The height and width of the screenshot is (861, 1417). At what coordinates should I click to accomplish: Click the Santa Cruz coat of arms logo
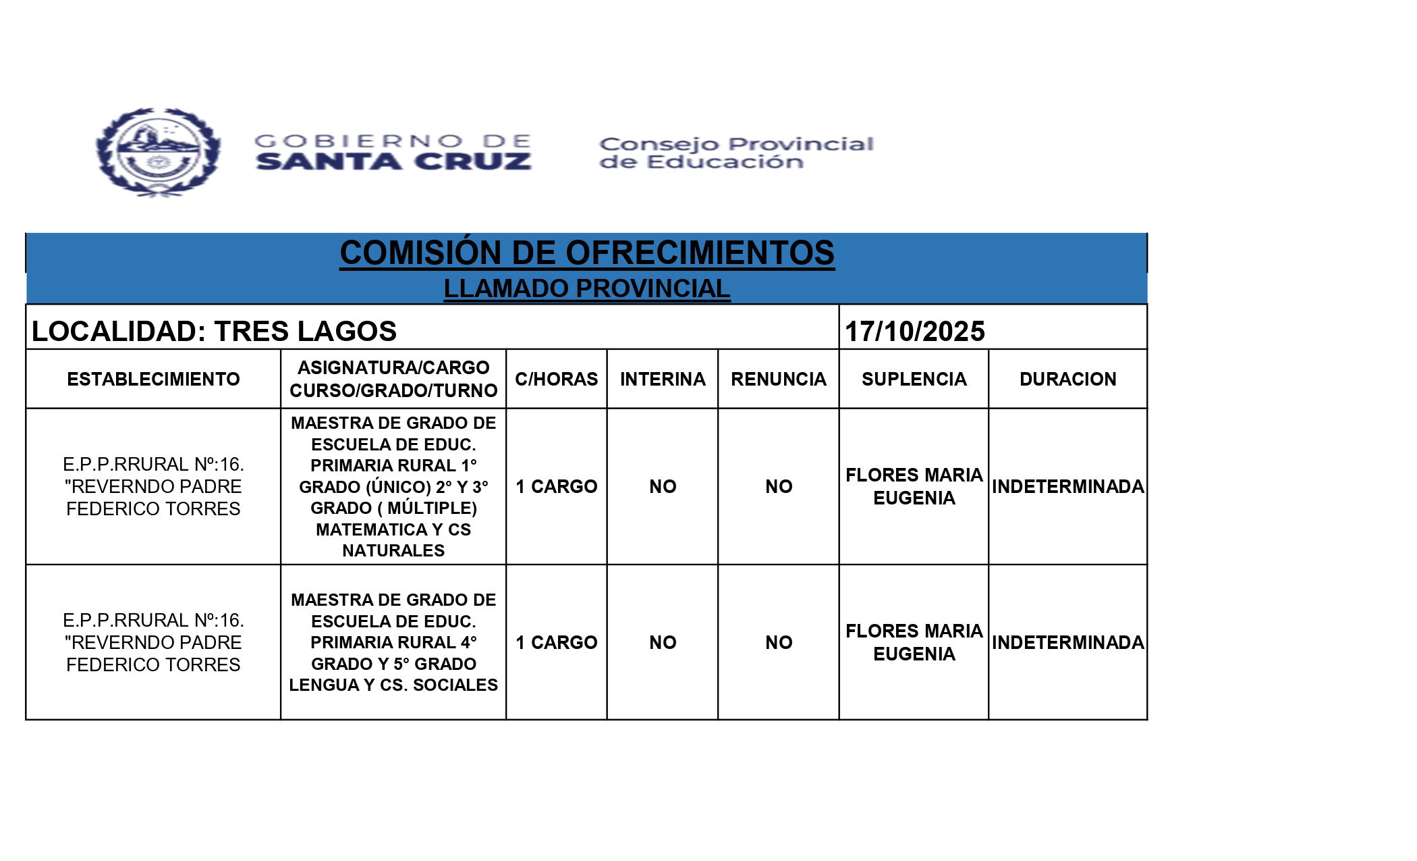pos(158,153)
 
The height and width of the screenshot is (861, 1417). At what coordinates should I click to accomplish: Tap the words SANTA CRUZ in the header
pos(393,162)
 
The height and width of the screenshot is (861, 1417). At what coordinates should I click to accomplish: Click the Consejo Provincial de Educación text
pos(735,153)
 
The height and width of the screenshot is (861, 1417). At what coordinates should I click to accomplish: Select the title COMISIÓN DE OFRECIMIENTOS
pos(586,253)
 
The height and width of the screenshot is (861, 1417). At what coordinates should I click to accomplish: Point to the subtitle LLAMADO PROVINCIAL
pos(586,289)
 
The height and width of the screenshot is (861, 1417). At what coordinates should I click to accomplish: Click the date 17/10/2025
pos(914,332)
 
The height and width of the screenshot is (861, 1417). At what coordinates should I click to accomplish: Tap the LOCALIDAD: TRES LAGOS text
pos(214,332)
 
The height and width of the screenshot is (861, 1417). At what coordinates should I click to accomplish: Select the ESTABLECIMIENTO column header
pos(153,380)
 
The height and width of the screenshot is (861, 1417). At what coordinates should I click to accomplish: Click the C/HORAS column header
pos(556,380)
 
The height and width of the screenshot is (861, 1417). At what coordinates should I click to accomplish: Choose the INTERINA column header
pos(663,380)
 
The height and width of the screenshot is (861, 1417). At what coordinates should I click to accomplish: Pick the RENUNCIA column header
pos(778,380)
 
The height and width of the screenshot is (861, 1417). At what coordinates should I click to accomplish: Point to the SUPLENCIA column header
pos(914,380)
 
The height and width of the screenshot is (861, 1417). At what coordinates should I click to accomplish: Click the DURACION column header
pos(1067,380)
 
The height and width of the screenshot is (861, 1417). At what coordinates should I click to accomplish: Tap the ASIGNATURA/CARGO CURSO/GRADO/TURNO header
pos(393,380)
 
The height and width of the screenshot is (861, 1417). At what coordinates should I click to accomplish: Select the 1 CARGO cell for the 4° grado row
pos(556,642)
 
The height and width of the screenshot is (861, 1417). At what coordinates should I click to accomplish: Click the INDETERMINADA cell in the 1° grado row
pos(1067,486)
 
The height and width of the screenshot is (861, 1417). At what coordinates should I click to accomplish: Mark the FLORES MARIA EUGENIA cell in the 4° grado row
pos(914,642)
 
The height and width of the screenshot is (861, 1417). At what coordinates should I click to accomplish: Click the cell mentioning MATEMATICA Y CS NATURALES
pos(393,486)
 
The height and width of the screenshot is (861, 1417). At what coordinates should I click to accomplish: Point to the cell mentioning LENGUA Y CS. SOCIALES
pos(393,642)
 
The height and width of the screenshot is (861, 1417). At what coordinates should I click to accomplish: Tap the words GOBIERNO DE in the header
pos(393,141)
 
